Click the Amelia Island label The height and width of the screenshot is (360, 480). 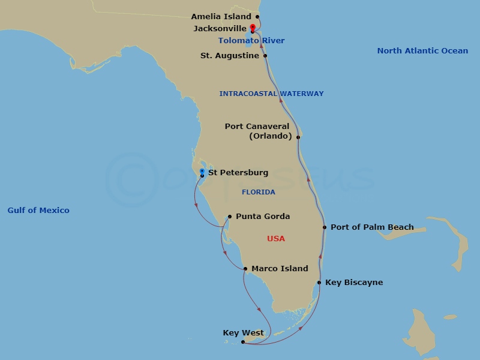tap(221, 17)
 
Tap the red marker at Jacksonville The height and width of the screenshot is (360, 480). tap(253, 27)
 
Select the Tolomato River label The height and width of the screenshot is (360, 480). tap(251, 41)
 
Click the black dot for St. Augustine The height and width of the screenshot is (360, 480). tap(265, 56)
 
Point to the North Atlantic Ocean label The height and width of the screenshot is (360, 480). tap(422, 51)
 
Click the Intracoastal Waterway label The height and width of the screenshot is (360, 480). tap(271, 94)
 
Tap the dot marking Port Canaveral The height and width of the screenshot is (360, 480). tap(298, 137)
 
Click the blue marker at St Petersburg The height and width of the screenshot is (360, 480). tap(202, 172)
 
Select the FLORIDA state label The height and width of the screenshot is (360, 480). tap(259, 192)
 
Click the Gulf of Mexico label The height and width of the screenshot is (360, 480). tap(38, 210)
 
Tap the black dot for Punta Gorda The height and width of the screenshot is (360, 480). tap(230, 217)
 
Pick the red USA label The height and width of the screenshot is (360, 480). tap(276, 239)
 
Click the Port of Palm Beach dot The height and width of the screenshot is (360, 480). tap(325, 227)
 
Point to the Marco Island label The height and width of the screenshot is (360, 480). tap(280, 269)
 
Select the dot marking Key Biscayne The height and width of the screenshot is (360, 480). tap(319, 283)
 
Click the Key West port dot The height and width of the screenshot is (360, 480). tap(242, 342)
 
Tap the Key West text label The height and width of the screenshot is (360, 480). tap(243, 333)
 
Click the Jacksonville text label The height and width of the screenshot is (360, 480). tap(220, 28)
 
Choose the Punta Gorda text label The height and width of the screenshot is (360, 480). tap(263, 217)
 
